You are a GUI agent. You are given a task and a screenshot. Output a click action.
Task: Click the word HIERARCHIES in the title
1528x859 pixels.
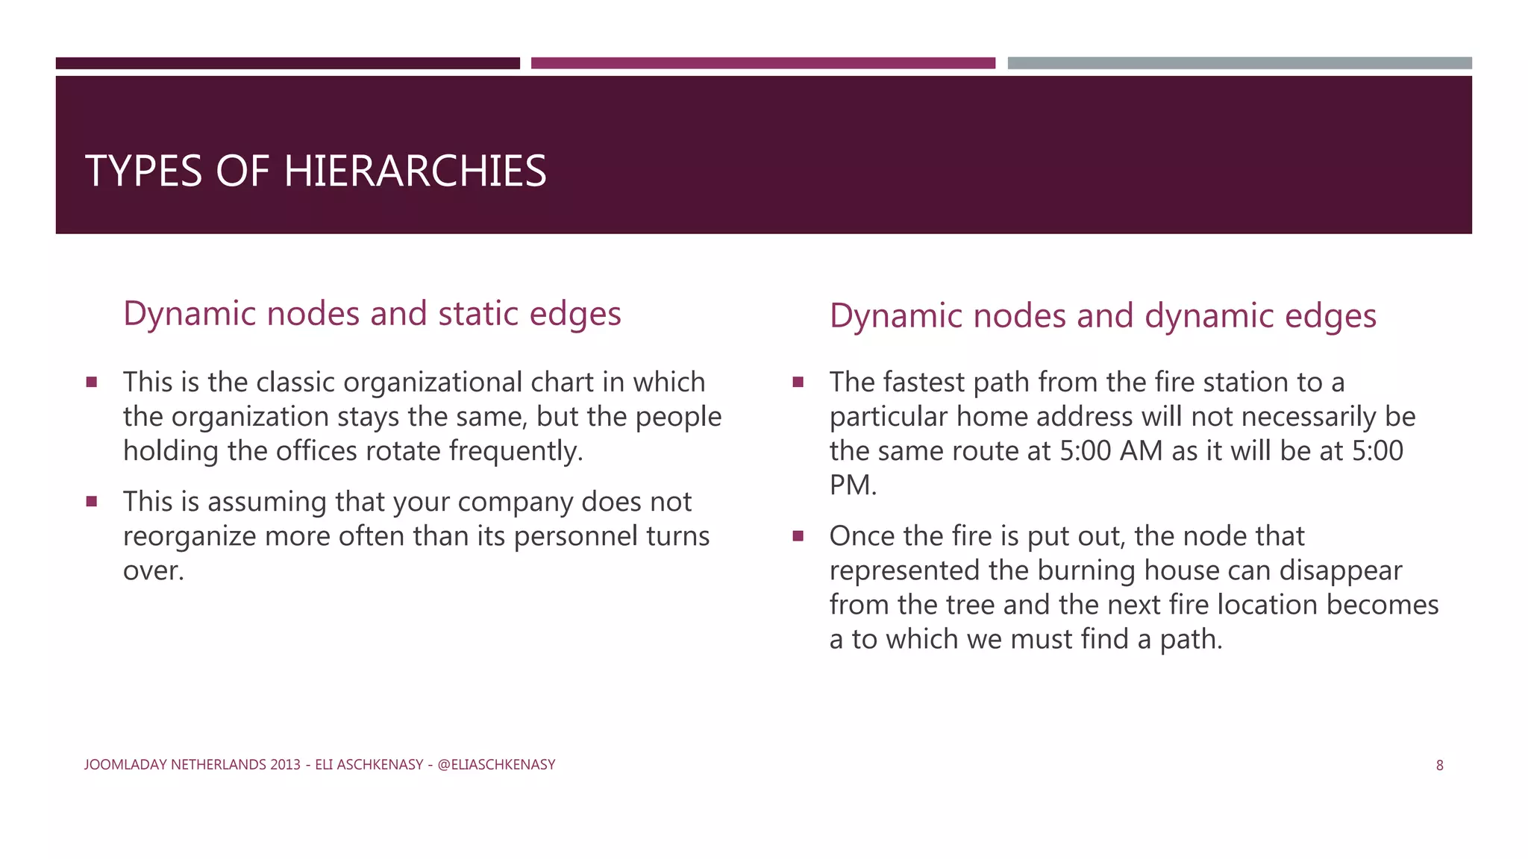(x=415, y=171)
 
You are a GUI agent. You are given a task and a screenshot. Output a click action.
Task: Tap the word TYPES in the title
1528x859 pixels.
(x=143, y=171)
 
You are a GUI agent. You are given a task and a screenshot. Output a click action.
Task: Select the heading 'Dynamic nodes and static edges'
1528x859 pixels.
(x=372, y=313)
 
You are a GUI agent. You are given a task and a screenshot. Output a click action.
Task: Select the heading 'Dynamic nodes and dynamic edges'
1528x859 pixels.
(x=1102, y=315)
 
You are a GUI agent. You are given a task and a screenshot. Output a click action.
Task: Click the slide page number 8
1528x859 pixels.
(x=1439, y=765)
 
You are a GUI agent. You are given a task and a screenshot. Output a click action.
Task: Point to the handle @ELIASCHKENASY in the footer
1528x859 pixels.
(x=496, y=764)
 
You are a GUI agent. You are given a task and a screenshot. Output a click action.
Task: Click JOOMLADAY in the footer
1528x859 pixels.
(x=126, y=764)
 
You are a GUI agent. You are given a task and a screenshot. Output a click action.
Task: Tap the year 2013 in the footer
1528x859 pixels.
(x=286, y=764)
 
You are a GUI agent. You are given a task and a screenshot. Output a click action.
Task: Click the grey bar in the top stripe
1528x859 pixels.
(x=1239, y=63)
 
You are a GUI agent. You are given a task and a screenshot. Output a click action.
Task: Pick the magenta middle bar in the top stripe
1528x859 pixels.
(x=763, y=63)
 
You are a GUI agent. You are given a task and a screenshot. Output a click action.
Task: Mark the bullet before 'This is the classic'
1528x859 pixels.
(x=92, y=383)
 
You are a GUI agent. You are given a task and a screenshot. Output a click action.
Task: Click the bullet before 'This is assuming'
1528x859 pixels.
(x=92, y=502)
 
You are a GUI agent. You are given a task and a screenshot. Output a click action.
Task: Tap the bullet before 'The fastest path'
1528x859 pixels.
(x=798, y=383)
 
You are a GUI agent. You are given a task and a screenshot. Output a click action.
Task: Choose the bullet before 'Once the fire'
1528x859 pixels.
(x=798, y=536)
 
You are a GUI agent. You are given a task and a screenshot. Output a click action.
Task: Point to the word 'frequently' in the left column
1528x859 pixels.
(x=516, y=451)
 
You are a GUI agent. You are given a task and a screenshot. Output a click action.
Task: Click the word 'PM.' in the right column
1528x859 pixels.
(x=853, y=485)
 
